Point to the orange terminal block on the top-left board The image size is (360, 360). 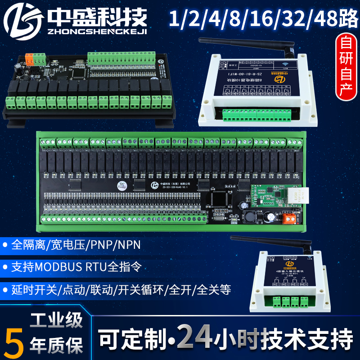click(30, 58)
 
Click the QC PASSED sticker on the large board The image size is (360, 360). click(134, 185)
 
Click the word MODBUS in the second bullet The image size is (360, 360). click(55, 266)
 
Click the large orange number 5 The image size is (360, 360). click(15, 338)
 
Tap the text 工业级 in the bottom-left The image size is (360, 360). click(56, 321)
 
